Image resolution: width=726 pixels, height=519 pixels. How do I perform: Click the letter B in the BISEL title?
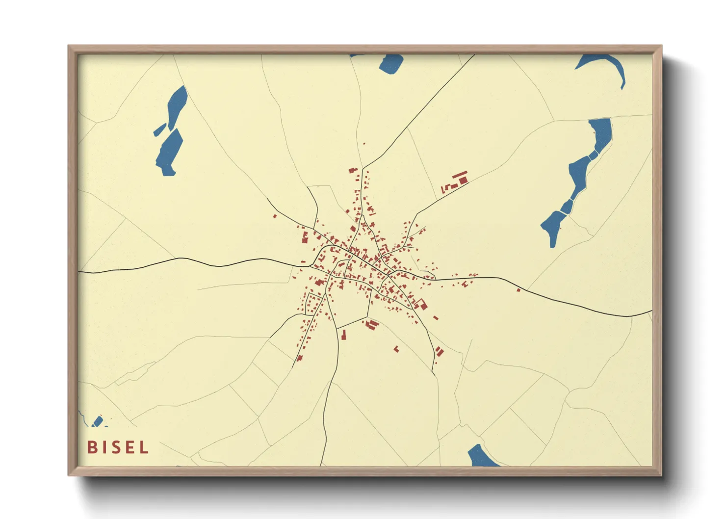[92, 447]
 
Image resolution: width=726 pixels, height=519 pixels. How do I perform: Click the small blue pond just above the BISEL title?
[98, 421]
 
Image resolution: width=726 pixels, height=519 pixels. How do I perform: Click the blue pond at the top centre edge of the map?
[391, 63]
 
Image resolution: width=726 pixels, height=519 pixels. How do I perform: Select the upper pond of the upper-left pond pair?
[177, 105]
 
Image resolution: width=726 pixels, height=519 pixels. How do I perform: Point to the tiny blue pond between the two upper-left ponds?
[159, 130]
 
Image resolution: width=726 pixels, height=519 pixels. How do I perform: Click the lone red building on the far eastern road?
[518, 290]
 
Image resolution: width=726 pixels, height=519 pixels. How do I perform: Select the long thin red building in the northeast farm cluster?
[459, 175]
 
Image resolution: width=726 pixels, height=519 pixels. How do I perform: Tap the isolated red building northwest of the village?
[275, 216]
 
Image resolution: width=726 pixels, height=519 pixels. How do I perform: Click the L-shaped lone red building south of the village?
[396, 349]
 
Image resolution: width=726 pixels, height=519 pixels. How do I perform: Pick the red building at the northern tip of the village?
[352, 170]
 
